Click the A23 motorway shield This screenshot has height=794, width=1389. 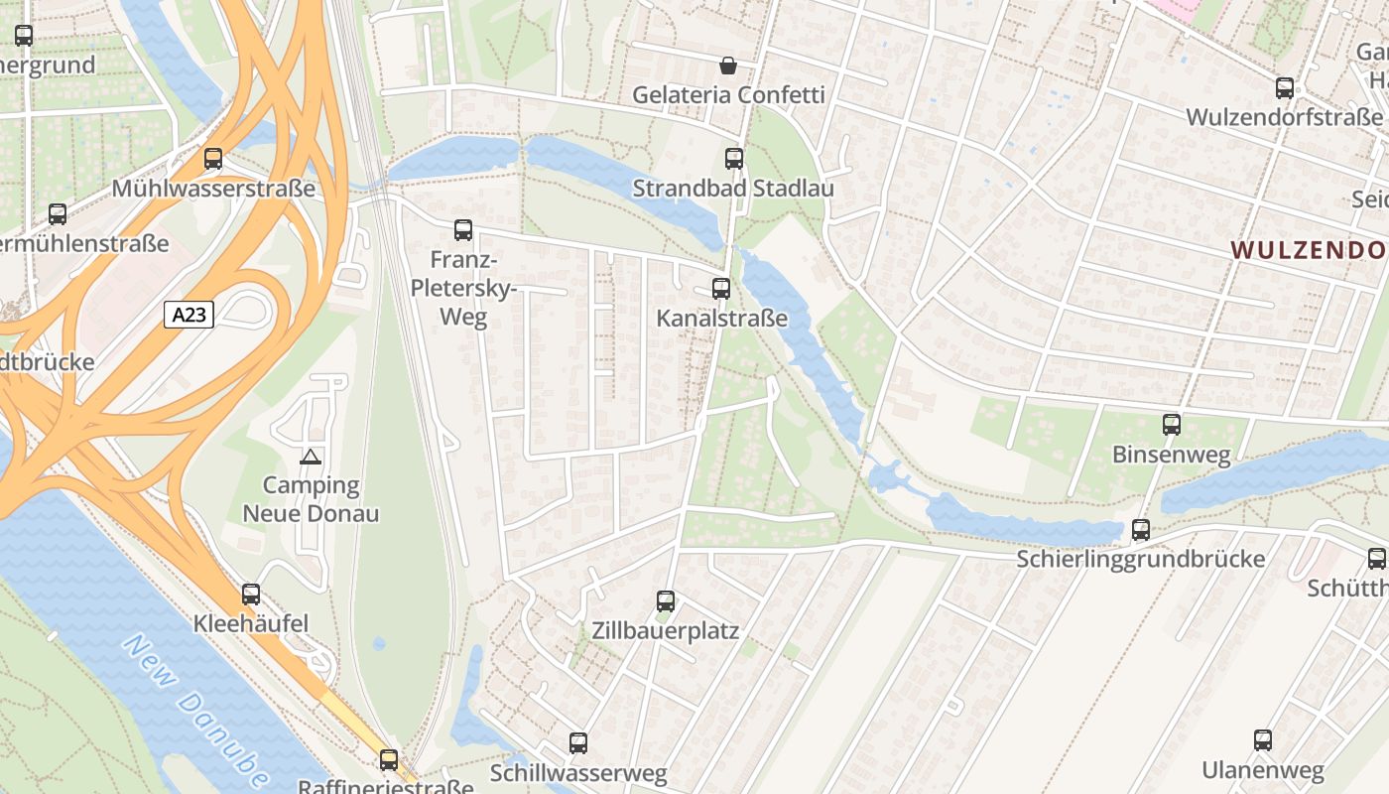(189, 316)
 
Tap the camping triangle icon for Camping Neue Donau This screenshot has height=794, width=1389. (311, 457)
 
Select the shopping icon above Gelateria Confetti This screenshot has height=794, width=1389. (728, 66)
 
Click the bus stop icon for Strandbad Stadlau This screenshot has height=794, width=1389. (733, 158)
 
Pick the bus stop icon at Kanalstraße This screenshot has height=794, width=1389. (721, 289)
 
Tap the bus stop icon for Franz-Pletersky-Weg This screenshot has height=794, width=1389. (462, 230)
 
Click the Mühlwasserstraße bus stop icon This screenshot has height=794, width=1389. (212, 159)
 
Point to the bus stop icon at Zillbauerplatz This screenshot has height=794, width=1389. (665, 600)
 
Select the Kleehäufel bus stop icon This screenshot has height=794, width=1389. (251, 595)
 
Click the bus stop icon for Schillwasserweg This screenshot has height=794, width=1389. (577, 742)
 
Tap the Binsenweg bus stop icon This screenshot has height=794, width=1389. (1171, 425)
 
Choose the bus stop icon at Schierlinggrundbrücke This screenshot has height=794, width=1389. (1140, 530)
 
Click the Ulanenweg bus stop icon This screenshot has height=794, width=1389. (1262, 740)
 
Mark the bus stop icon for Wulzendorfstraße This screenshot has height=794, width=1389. (1284, 88)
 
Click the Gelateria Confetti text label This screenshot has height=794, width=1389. (728, 95)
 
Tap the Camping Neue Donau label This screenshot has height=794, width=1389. (311, 499)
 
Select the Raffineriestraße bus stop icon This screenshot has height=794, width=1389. (389, 760)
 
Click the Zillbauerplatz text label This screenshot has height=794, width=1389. (665, 630)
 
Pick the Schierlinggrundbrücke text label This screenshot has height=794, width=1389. (1140, 559)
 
